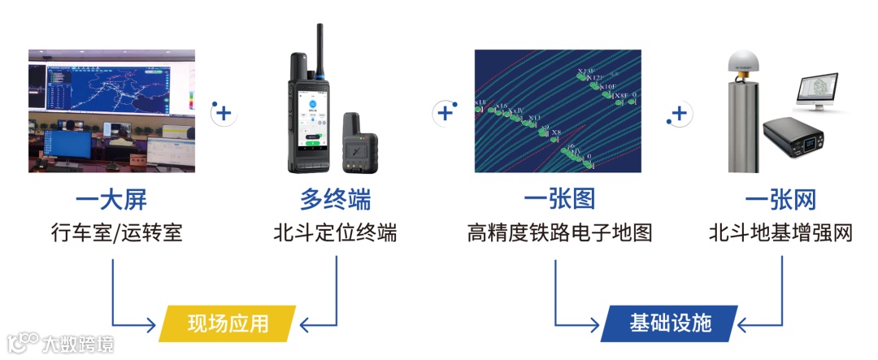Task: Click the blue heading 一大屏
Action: click(111, 201)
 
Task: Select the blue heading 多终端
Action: click(335, 201)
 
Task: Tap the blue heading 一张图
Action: click(559, 201)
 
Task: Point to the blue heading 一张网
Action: click(780, 201)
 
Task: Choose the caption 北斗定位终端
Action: click(335, 233)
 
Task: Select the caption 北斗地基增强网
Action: click(780, 233)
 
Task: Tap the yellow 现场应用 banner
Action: click(228, 323)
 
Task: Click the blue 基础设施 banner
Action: click(670, 323)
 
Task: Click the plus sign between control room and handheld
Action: click(225, 113)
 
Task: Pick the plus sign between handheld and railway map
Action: click(445, 113)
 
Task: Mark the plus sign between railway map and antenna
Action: click(680, 113)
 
